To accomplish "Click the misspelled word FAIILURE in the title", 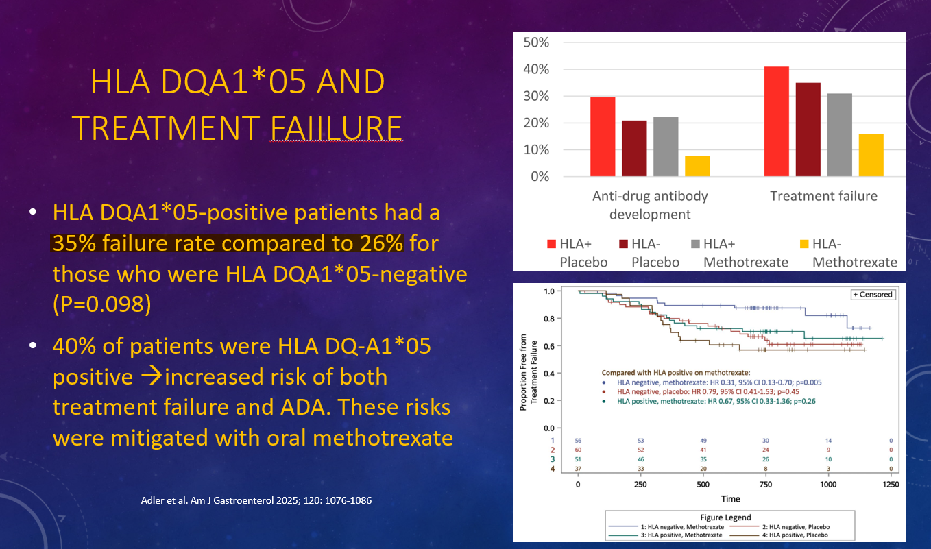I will coord(337,127).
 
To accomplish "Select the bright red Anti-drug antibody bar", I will coord(603,136).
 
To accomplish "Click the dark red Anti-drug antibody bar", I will coord(634,148).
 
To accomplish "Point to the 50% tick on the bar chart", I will coord(537,42).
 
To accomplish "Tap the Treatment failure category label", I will coord(823,196).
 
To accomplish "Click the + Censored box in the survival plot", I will coord(872,295).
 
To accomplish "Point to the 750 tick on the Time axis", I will coord(766,484).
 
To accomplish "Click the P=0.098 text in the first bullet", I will coord(102,304).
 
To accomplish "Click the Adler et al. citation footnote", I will coord(256,500).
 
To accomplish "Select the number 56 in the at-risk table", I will coord(577,440).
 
